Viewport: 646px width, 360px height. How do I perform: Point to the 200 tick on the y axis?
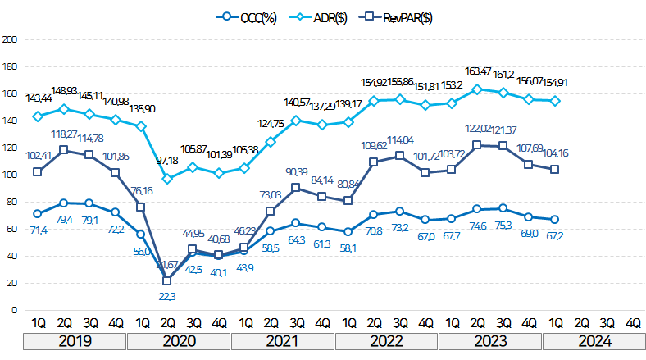coord(10,39)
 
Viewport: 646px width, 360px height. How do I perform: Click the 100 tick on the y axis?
coord(10,175)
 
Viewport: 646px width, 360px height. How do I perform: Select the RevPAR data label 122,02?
coord(478,129)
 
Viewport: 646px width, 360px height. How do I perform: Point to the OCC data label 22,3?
coord(167,296)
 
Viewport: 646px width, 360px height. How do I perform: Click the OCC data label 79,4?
coord(63,219)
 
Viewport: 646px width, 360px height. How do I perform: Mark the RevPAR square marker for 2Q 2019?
coord(63,150)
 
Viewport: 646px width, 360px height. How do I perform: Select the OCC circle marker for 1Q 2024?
coord(555,219)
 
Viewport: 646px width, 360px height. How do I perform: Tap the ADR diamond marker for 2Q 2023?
coord(478,89)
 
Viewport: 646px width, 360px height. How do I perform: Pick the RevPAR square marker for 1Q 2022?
coord(348,200)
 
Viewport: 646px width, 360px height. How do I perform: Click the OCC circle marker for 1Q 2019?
coord(37,213)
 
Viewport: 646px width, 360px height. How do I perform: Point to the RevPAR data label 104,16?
coord(555,153)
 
